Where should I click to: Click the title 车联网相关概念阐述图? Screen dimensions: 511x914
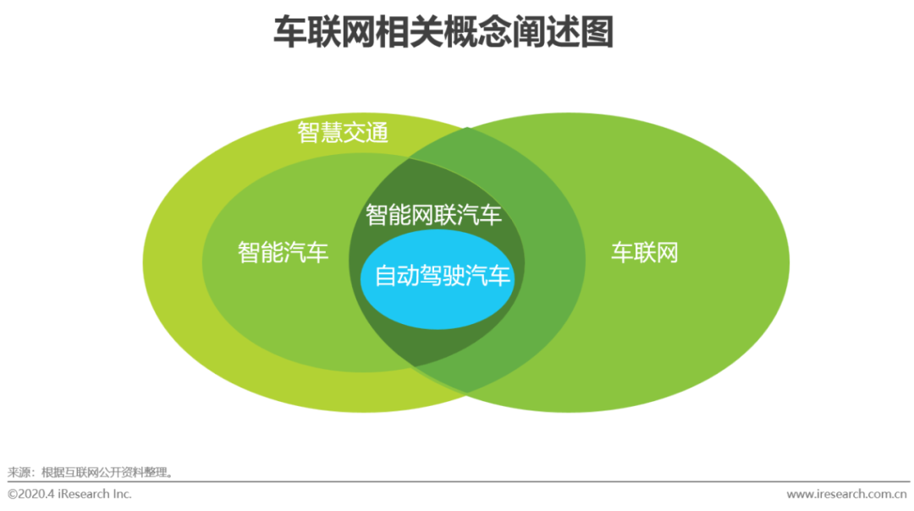tap(443, 34)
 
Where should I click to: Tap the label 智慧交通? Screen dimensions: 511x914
tap(343, 133)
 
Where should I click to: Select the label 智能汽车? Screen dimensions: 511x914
tap(283, 252)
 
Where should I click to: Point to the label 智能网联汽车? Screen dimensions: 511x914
tap(433, 215)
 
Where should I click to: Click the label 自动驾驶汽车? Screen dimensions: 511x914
tap(443, 276)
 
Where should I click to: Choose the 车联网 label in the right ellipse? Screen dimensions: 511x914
tap(645, 252)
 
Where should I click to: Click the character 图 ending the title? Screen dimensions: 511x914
tap(596, 34)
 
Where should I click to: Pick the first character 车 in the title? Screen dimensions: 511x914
tap(289, 34)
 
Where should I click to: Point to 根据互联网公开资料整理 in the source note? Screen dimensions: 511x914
tap(102, 472)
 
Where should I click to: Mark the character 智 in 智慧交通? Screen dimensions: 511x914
tap(309, 133)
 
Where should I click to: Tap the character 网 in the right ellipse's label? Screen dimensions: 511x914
tap(667, 252)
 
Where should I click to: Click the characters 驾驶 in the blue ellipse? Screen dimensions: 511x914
tap(443, 276)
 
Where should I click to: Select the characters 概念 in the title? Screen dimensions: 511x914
tap(460, 34)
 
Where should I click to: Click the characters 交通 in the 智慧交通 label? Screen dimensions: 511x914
tap(366, 133)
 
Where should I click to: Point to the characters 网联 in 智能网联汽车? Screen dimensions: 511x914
tap(433, 215)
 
